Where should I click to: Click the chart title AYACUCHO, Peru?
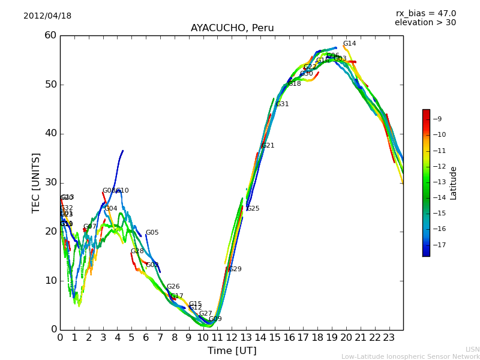coord(232,28)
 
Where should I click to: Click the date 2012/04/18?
coord(47,16)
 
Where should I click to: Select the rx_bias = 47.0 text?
coord(425,13)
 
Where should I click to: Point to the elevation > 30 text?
coord(425,23)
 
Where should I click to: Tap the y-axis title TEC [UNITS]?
coord(36,182)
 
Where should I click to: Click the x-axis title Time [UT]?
coord(232,351)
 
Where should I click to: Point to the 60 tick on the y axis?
coord(50,35)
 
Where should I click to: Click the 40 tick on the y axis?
coord(50,133)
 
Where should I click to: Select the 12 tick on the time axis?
coord(232,337)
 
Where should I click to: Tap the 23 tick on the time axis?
coord(389,337)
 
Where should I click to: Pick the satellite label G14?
coord(349,44)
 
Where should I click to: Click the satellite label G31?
coord(282,104)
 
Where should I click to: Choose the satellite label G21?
coord(268,146)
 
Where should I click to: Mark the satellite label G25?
coord(253,209)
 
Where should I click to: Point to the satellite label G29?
coord(235,269)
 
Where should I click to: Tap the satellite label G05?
coord(152,233)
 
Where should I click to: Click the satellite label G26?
coord(173,287)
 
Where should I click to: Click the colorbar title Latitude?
coord(454,183)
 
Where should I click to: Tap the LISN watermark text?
coord(472,349)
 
